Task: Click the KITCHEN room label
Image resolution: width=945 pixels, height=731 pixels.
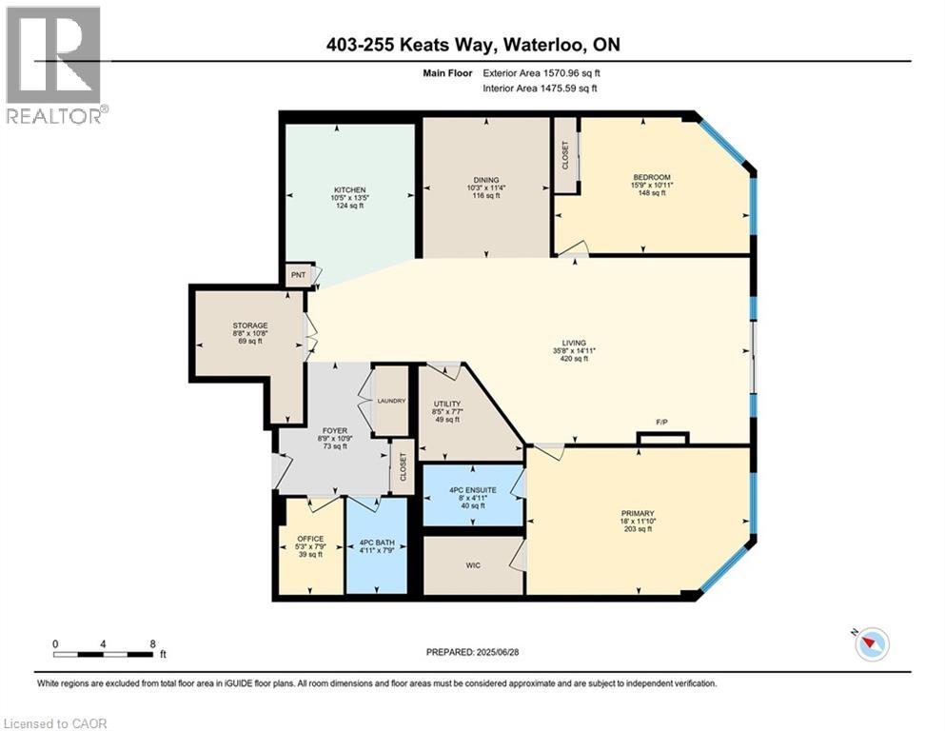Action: pyautogui.click(x=349, y=189)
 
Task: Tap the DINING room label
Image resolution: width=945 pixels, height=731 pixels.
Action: pyautogui.click(x=486, y=179)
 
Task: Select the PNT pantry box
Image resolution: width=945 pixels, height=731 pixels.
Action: pyautogui.click(x=298, y=275)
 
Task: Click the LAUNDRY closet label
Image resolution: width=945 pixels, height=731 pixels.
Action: pyautogui.click(x=391, y=401)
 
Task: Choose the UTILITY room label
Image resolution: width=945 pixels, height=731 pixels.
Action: pyautogui.click(x=446, y=404)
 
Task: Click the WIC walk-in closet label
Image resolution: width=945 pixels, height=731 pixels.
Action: pyautogui.click(x=472, y=565)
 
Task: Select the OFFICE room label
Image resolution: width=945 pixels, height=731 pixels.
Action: pyautogui.click(x=310, y=539)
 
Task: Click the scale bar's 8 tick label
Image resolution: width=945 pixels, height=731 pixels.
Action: pyautogui.click(x=152, y=642)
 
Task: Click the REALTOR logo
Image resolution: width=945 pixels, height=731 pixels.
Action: pyautogui.click(x=55, y=65)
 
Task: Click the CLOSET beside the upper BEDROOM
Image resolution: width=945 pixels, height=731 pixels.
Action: pyautogui.click(x=565, y=155)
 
